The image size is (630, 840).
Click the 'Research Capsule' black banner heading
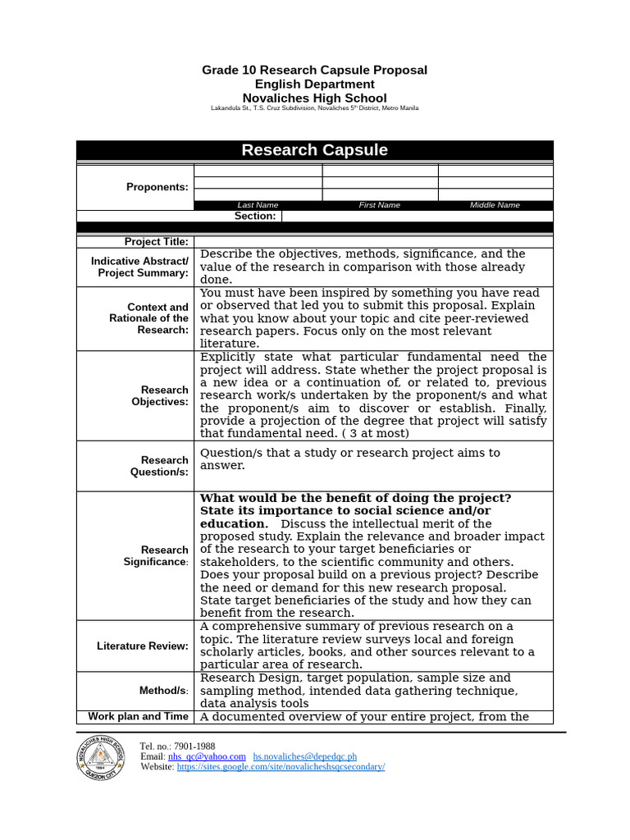pyautogui.click(x=314, y=150)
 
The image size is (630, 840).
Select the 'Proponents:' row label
pyautogui.click(x=157, y=187)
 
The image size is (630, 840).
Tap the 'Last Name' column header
pyautogui.click(x=258, y=205)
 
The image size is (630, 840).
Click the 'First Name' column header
pyautogui.click(x=379, y=205)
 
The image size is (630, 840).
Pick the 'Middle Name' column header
pyautogui.click(x=495, y=205)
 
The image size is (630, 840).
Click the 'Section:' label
pyautogui.click(x=255, y=216)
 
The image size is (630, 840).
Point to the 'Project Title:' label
pyautogui.click(x=156, y=242)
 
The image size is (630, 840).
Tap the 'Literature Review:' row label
pyautogui.click(x=142, y=646)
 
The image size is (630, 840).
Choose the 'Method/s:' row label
pyautogui.click(x=163, y=691)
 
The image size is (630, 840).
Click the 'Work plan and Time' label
pyautogui.click(x=138, y=716)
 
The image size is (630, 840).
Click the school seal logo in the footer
pyautogui.click(x=101, y=757)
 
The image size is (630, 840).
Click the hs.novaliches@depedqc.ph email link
pyautogui.click(x=304, y=756)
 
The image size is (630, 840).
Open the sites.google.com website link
pyautogui.click(x=281, y=767)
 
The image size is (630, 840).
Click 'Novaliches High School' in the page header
pyautogui.click(x=314, y=98)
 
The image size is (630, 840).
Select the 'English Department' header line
pyautogui.click(x=314, y=84)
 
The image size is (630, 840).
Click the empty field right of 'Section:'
pyautogui.click(x=417, y=216)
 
